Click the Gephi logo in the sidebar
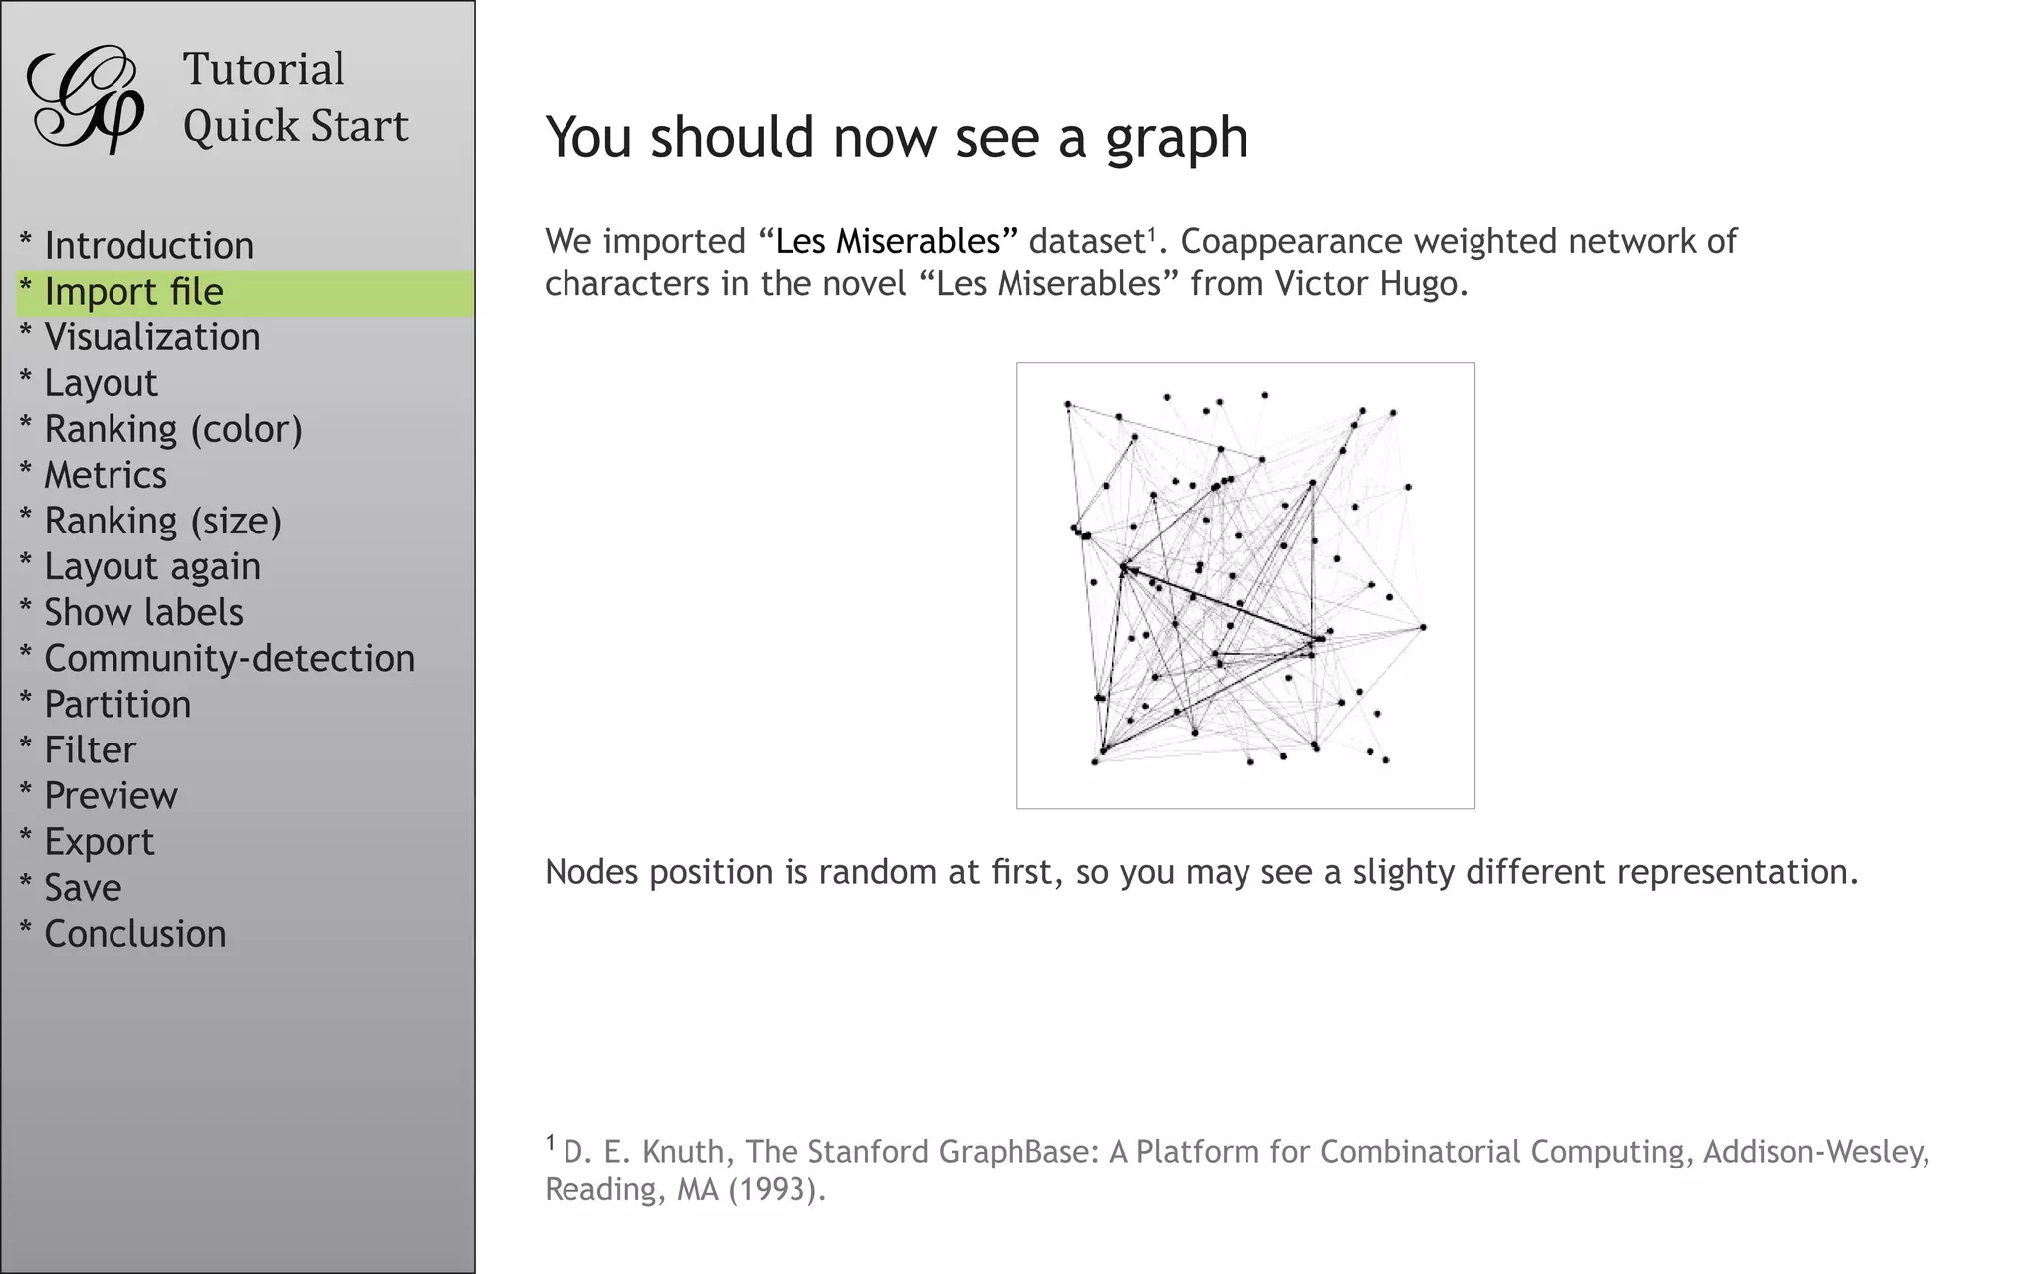86,100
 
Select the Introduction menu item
148,246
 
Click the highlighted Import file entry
133,292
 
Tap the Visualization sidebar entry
151,337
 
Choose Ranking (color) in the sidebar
172,429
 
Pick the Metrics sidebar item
105,475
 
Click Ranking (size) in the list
162,521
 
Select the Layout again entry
151,566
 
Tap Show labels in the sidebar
143,612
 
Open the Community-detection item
229,658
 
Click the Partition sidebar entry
117,704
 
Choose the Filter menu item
90,749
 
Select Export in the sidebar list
99,842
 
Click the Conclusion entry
134,934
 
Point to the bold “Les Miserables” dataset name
887,241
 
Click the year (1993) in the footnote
776,1189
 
